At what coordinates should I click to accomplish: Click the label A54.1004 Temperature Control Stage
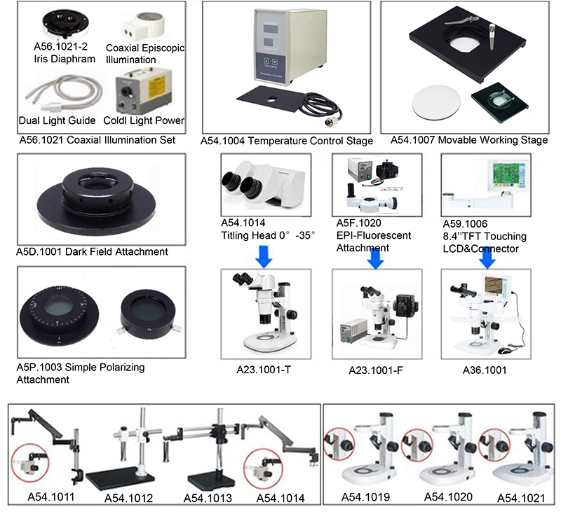[x=287, y=141]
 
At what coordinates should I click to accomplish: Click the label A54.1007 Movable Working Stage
[x=465, y=140]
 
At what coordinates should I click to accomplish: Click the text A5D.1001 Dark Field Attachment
[x=92, y=251]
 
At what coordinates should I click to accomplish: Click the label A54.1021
[x=522, y=498]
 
